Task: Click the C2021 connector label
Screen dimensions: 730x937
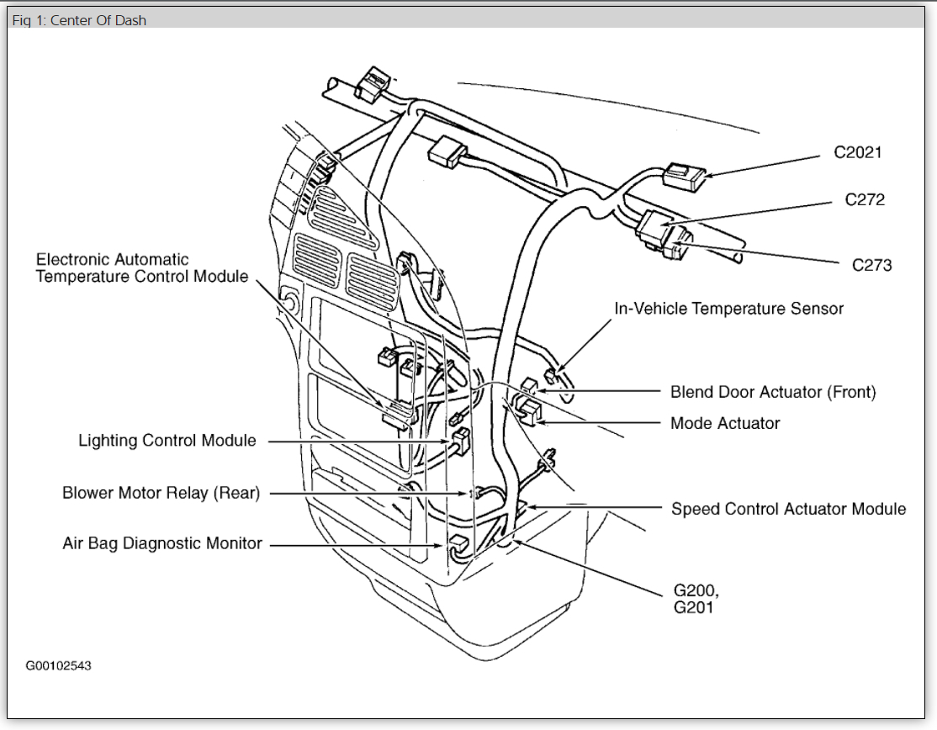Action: click(x=858, y=153)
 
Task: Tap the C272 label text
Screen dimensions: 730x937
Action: click(x=865, y=200)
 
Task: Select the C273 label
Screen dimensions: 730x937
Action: click(x=871, y=265)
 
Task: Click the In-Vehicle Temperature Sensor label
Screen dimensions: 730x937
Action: click(x=728, y=309)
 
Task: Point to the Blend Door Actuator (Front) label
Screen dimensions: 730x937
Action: click(x=773, y=392)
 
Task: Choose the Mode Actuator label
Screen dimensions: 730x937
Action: click(x=725, y=423)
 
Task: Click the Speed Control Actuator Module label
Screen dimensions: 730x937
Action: click(x=788, y=509)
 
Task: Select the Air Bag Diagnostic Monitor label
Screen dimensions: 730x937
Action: click(x=162, y=543)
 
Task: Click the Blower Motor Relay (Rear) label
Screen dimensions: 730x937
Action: click(x=161, y=493)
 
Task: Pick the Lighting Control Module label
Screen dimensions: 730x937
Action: click(x=167, y=441)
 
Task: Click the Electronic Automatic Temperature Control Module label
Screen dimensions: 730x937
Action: click(x=142, y=267)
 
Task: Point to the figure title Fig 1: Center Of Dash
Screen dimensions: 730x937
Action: click(x=79, y=20)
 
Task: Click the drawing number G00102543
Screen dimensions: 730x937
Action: click(x=58, y=666)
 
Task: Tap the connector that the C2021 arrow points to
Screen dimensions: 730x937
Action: click(x=684, y=176)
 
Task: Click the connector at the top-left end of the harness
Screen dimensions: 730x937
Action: click(x=371, y=84)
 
